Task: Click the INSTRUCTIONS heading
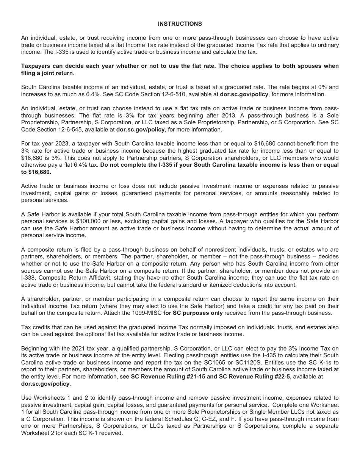[x=180, y=24]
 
